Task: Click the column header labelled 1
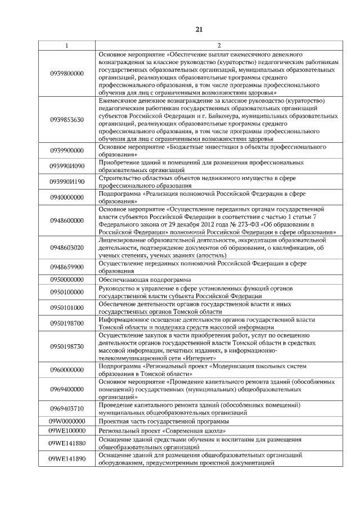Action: pyautogui.click(x=66, y=45)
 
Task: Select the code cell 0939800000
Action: pyautogui.click(x=66, y=73)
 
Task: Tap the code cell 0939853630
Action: pyautogui.click(x=66, y=120)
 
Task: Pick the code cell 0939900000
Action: pyautogui.click(x=66, y=151)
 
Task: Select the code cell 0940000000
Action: pyautogui.click(x=66, y=197)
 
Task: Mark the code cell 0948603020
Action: pyautogui.click(x=66, y=247)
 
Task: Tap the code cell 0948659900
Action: pyautogui.click(x=66, y=267)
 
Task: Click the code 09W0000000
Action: pyautogui.click(x=66, y=421)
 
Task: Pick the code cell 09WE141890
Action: pyautogui.click(x=66, y=459)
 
